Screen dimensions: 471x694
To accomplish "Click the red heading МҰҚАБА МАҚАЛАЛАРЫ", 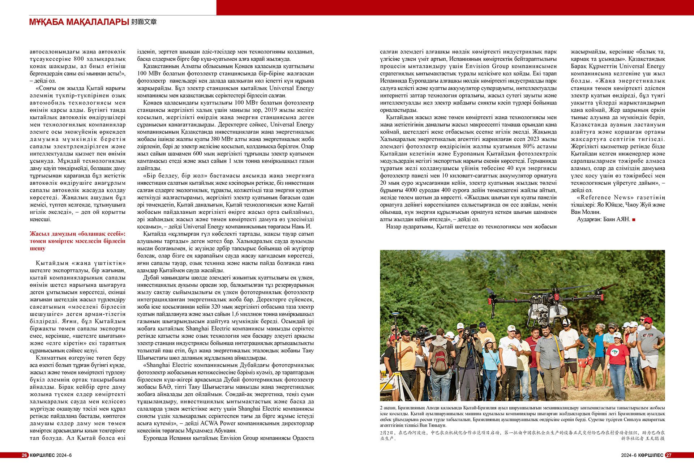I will (x=79, y=22).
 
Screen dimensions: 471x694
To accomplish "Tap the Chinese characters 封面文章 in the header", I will (x=144, y=22).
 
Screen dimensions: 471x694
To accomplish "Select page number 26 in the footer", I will (x=25, y=455).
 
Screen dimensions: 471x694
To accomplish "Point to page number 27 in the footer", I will (x=669, y=455).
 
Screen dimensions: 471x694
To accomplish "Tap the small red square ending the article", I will (x=634, y=219).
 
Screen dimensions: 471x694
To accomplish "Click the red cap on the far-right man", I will (x=648, y=320).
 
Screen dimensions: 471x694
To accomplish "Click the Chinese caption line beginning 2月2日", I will (x=522, y=433).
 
